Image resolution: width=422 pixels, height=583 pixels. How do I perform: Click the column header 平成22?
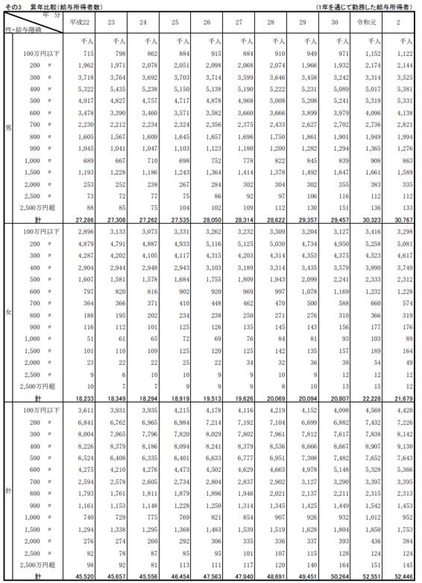(80, 23)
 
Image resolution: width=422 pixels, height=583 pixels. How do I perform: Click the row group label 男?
(8, 128)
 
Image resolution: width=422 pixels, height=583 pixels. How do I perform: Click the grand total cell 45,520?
(81, 577)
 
